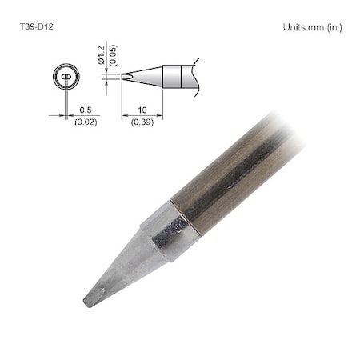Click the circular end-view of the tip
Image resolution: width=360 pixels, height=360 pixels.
coord(66,78)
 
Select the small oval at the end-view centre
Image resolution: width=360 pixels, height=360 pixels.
coord(66,78)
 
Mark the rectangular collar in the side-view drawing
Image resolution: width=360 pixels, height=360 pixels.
coord(175,77)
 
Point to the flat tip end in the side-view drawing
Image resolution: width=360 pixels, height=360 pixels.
coord(123,77)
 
